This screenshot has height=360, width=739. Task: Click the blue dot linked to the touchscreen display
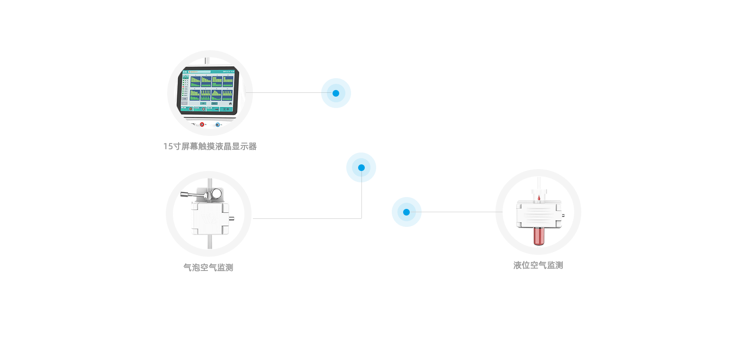coord(336,93)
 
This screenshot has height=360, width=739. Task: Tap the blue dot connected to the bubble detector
coord(361,167)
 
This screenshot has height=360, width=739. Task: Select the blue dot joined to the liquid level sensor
coord(406,212)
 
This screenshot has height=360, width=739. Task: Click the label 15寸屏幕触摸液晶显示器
coord(210,146)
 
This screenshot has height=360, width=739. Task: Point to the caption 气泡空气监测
coord(208,267)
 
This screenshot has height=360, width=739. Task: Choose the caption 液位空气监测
coord(538,265)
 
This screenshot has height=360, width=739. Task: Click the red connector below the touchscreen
coord(202,125)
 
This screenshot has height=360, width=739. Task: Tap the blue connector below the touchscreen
coord(217,125)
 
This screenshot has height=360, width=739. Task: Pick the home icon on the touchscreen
coord(230,103)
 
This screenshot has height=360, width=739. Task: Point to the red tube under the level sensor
coord(538,235)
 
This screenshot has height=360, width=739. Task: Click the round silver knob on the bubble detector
coord(216,193)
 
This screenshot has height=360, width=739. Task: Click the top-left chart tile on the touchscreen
coord(195,81)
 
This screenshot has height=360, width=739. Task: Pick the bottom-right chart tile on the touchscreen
coord(228,95)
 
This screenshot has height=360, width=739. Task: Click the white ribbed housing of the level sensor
coord(538,214)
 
